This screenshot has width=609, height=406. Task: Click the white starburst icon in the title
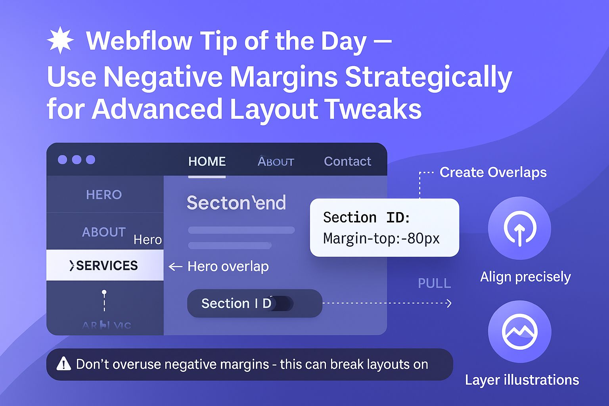(60, 40)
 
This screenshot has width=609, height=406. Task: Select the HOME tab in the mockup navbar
(207, 161)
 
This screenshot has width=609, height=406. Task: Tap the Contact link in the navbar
(347, 161)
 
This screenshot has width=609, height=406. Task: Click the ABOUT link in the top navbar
(276, 161)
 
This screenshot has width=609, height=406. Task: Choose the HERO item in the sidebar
(104, 195)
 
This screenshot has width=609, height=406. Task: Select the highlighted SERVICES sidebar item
(105, 265)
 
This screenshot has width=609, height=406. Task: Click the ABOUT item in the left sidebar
(103, 232)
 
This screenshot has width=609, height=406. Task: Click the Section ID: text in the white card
(366, 217)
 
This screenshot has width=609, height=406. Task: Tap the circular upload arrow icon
(519, 228)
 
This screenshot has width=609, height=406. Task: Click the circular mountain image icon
(519, 331)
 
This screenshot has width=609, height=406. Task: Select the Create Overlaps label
(493, 172)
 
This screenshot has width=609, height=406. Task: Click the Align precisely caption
(525, 277)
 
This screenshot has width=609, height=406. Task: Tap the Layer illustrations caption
(522, 380)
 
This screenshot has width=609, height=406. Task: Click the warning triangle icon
(63, 364)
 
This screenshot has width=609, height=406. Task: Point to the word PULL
(434, 283)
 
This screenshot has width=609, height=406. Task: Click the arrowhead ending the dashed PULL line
(449, 303)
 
